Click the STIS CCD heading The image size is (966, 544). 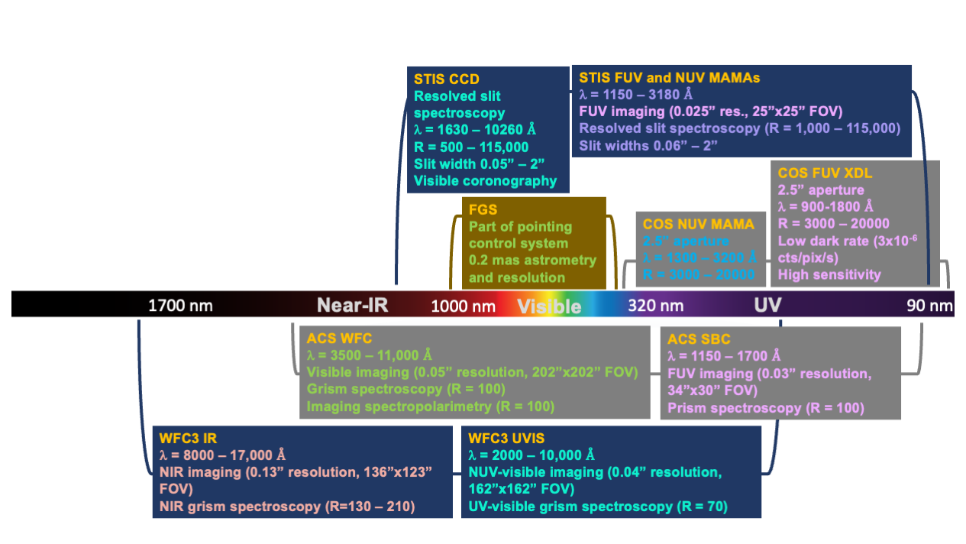[x=447, y=79]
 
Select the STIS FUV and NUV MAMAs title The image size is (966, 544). [x=669, y=78]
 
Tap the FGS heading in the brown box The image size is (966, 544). [x=483, y=210]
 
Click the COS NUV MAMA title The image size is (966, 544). [x=698, y=225]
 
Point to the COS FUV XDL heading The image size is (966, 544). [x=825, y=173]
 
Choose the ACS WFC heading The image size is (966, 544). [x=339, y=338]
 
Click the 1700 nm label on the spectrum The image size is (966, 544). [x=180, y=306]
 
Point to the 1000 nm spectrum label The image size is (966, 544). [x=464, y=306]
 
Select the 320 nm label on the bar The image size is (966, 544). [x=655, y=306]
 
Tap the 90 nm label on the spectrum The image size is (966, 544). [x=929, y=306]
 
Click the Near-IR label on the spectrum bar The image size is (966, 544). [x=353, y=306]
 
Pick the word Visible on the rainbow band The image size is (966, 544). [x=549, y=306]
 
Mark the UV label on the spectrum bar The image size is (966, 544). [x=767, y=306]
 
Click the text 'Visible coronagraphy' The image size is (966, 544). [x=485, y=181]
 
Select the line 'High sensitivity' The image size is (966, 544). [x=829, y=274]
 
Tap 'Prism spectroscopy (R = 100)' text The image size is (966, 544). [x=765, y=407]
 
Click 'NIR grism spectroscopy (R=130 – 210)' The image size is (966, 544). [x=286, y=506]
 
